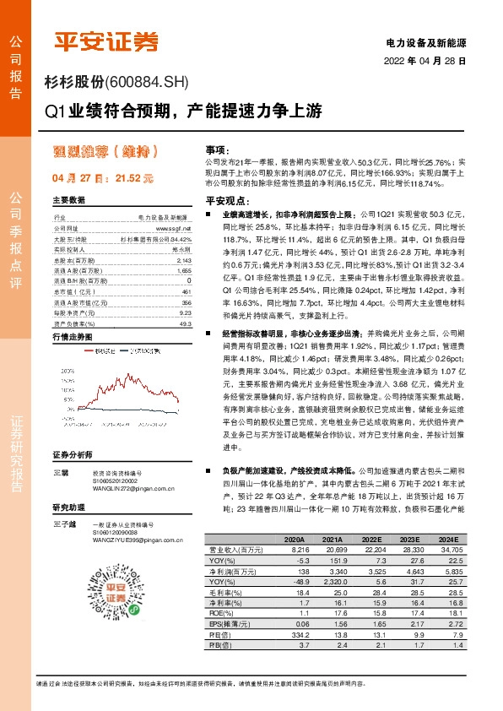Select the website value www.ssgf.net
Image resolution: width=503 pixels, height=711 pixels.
(175, 229)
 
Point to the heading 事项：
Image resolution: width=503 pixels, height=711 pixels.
(217, 149)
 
